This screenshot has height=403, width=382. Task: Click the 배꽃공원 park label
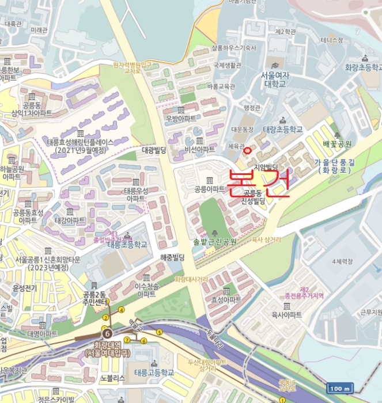[337, 143]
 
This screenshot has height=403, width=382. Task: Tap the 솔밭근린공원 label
[215, 242]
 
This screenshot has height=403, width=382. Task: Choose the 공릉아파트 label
[209, 189]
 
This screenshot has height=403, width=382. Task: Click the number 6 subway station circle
[107, 333]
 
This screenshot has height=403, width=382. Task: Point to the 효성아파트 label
[226, 300]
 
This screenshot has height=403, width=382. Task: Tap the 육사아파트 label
[287, 314]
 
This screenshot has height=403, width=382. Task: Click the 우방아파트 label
[181, 119]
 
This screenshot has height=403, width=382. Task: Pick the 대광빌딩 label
[154, 150]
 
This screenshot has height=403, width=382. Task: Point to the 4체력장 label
[342, 262]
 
